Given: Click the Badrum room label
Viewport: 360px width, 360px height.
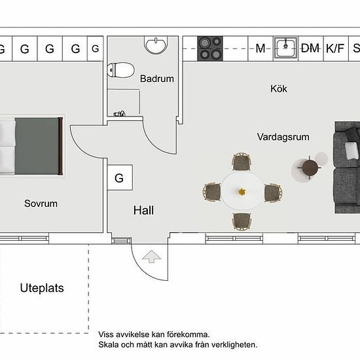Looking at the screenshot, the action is [157, 79].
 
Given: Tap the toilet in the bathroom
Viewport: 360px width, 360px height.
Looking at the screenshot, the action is [121, 70].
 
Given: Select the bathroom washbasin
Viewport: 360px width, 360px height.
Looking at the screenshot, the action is [156, 45].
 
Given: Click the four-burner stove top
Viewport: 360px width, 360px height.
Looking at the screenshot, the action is [210, 48].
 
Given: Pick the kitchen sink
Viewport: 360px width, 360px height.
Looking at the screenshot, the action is [285, 48].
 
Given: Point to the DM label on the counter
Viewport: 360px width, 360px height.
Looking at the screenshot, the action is [310, 48].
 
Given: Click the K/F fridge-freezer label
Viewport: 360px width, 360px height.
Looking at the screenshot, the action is [335, 48].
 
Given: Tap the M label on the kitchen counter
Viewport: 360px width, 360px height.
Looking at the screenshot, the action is [261, 48].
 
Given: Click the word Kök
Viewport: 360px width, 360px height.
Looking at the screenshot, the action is [278, 89].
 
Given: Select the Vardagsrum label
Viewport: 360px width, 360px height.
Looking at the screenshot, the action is [283, 137].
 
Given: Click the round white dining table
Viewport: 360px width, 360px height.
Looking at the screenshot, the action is [242, 191].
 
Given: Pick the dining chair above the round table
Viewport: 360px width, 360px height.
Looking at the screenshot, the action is [242, 162].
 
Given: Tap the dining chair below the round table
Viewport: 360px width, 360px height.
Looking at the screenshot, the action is [242, 221].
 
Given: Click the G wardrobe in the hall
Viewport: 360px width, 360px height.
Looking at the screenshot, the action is [120, 177].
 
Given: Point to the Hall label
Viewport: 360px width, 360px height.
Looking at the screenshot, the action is [143, 210].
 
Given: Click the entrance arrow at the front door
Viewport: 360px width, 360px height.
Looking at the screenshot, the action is [152, 256].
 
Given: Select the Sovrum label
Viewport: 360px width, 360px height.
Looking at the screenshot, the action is [41, 204].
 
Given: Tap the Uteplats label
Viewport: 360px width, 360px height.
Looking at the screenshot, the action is [42, 289].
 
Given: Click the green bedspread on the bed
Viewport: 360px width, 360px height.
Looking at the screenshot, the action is [37, 146].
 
